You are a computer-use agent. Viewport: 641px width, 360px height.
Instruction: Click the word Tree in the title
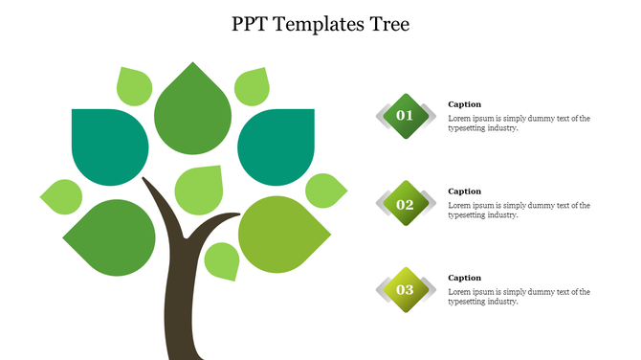384,25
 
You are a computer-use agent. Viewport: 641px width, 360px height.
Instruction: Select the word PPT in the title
250,25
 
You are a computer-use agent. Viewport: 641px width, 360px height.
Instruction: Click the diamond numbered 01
406,116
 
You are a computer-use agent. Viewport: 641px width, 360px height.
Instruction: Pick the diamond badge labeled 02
406,203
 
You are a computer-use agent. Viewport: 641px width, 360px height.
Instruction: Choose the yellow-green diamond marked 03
406,290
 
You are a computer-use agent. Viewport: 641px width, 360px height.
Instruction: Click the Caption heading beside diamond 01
465,104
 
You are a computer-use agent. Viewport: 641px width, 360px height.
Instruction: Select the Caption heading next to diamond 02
465,191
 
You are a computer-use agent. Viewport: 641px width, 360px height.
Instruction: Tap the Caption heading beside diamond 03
465,278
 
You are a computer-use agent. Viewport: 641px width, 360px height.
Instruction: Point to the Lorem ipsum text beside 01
519,124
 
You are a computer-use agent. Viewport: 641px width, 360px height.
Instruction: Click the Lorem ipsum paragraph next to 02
519,210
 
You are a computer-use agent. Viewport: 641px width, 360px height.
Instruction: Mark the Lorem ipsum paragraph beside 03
519,297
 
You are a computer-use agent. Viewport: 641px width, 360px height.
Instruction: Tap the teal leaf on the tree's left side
109,146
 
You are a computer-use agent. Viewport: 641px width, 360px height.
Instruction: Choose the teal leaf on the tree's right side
276,146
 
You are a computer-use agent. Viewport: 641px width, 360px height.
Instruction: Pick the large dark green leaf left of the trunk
113,236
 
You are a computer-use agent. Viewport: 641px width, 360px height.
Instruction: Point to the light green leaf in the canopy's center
198,189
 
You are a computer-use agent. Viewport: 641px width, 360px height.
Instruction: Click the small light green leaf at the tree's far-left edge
62,196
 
